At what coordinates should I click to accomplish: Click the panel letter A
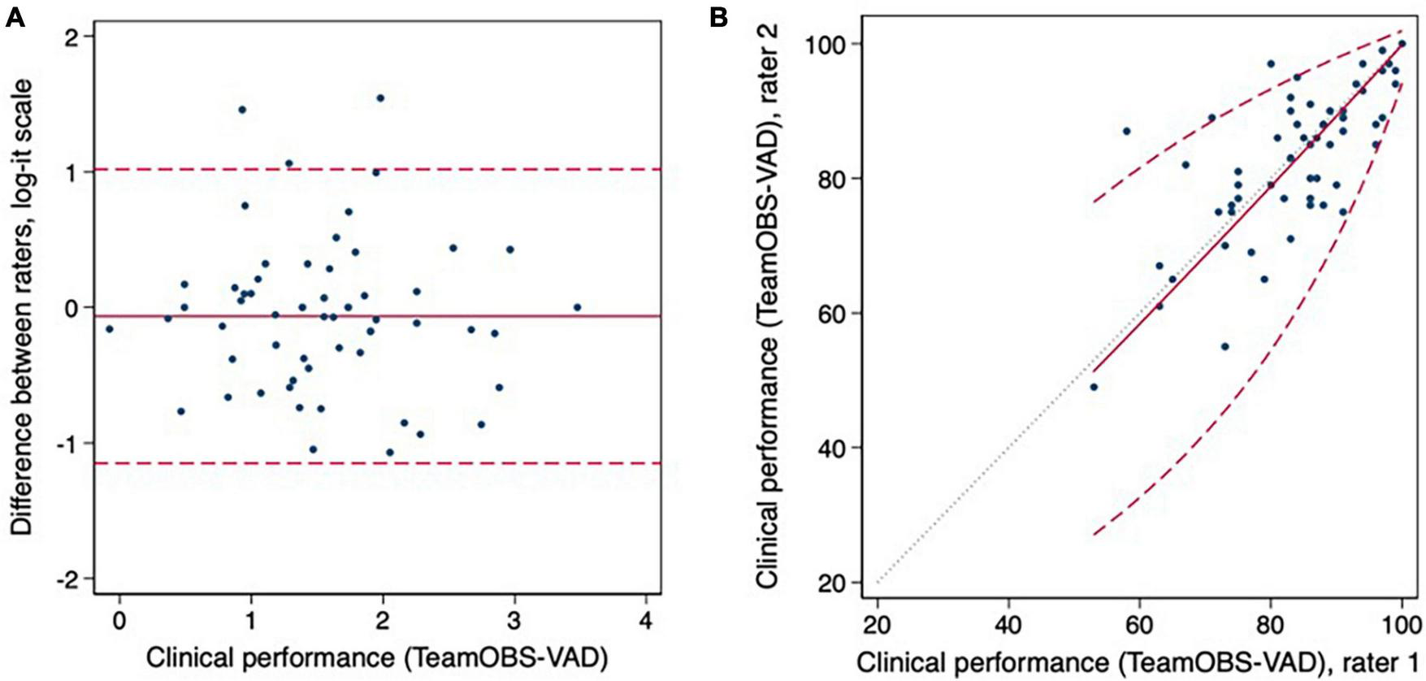15,17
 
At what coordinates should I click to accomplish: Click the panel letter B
718,17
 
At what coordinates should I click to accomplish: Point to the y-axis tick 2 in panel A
76,38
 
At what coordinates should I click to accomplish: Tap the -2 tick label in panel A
72,579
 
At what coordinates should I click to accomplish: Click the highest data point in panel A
379,98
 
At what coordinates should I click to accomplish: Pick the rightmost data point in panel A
577,307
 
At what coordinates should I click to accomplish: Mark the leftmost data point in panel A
110,329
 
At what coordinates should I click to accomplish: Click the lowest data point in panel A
390,452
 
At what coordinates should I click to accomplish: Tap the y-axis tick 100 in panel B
821,44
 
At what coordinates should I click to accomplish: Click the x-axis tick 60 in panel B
1139,626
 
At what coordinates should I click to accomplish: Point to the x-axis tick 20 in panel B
878,626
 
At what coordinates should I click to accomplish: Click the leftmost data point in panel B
1094,387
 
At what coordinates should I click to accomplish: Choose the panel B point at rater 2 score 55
1224,346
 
